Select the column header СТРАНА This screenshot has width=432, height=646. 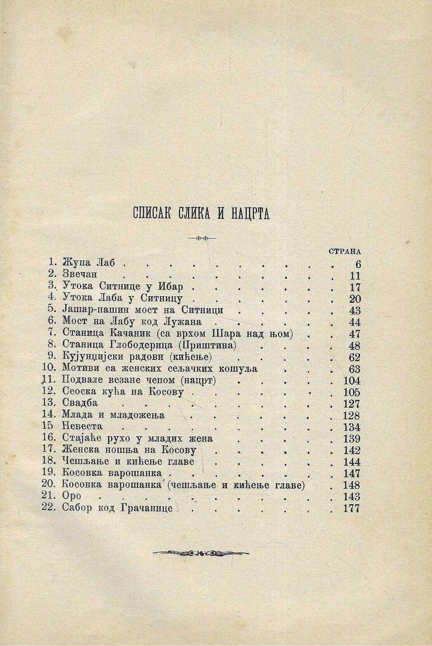pyautogui.click(x=345, y=251)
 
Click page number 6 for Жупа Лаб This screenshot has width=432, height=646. pyautogui.click(x=358, y=264)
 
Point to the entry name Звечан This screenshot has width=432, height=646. pyautogui.click(x=80, y=275)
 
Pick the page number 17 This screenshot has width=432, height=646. pyautogui.click(x=355, y=288)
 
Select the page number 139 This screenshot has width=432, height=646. pyautogui.click(x=352, y=438)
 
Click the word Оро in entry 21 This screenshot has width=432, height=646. pyautogui.click(x=71, y=496)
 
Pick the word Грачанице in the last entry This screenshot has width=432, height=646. pyautogui.click(x=149, y=508)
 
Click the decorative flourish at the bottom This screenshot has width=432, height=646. pyautogui.click(x=201, y=553)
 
